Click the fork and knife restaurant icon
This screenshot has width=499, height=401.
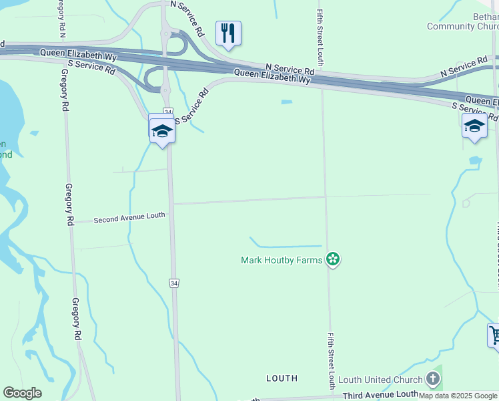[228, 33]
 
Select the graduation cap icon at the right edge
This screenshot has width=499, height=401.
[474, 126]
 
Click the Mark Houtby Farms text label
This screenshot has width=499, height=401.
[282, 259]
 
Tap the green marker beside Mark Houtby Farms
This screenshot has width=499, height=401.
[333, 259]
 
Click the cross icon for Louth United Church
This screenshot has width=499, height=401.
[433, 380]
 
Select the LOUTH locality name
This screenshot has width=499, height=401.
[282, 378]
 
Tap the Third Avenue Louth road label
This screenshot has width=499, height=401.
[380, 395]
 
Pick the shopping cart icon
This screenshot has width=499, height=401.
[494, 335]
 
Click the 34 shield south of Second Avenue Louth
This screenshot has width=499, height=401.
[173, 283]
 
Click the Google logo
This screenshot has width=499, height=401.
[22, 393]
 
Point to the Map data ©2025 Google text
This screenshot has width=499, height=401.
[458, 396]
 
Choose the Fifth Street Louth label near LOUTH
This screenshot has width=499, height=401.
[331, 361]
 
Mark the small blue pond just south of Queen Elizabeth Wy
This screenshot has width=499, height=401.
[287, 102]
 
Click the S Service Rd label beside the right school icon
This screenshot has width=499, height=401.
[475, 111]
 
